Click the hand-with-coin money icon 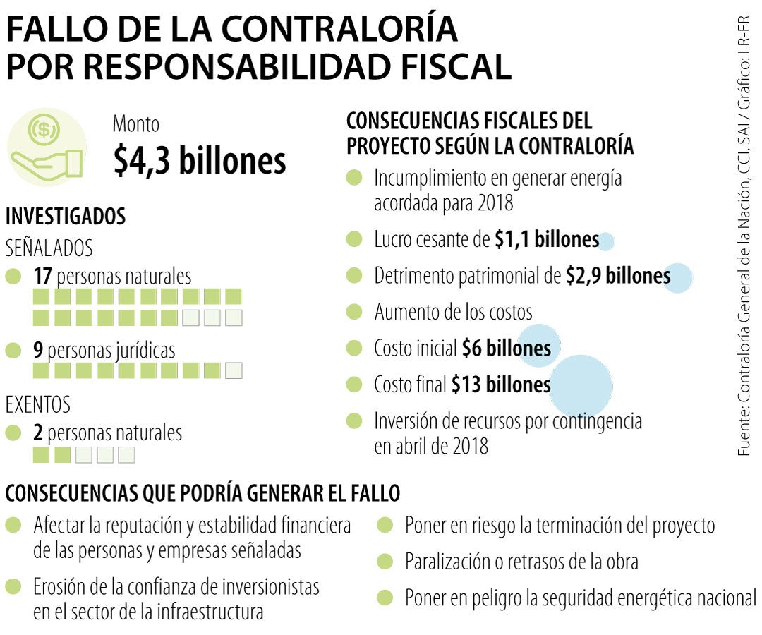click(45, 147)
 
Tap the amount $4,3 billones click(200, 161)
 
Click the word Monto click(136, 125)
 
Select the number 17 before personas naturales click(43, 276)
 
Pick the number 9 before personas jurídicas click(38, 349)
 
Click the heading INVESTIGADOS click(65, 217)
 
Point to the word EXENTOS click(38, 405)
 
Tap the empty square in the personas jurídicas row click(234, 370)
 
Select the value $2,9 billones click(618, 276)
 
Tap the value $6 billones click(507, 348)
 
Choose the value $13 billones click(502, 385)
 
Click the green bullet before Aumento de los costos click(354, 311)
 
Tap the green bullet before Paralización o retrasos click(385, 562)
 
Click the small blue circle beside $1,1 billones click(605, 242)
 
